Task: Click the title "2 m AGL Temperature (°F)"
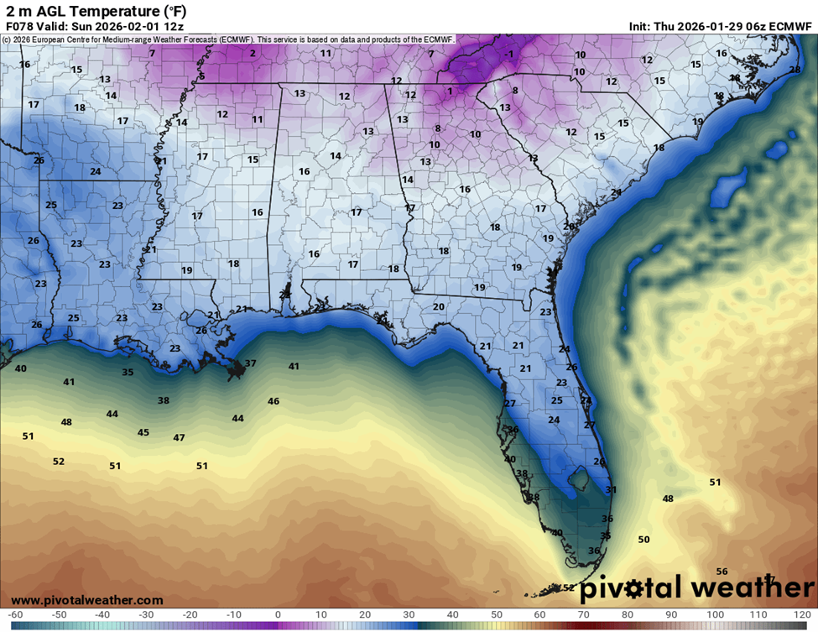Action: pyautogui.click(x=96, y=11)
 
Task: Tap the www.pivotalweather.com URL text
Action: pyautogui.click(x=87, y=600)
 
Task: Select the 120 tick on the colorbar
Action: pyautogui.click(x=802, y=614)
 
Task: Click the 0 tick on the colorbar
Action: pyautogui.click(x=277, y=614)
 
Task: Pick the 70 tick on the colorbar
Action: pyautogui.click(x=583, y=614)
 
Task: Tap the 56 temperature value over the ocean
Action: pyautogui.click(x=722, y=571)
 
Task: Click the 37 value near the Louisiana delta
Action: pyautogui.click(x=250, y=363)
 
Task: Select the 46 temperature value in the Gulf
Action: pyautogui.click(x=273, y=401)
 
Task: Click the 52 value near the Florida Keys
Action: pyautogui.click(x=570, y=588)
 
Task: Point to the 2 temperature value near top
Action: pyautogui.click(x=253, y=53)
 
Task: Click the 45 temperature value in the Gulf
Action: pyautogui.click(x=143, y=432)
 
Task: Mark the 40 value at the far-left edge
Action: pyautogui.click(x=21, y=368)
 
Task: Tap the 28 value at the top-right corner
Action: pyautogui.click(x=795, y=70)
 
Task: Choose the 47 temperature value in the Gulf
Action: pyautogui.click(x=179, y=437)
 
